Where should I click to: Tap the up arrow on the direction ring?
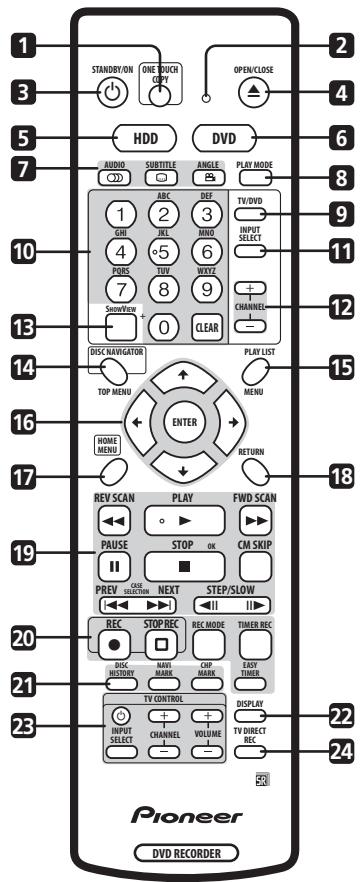[x=182, y=373]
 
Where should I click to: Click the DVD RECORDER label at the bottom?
[x=182, y=852]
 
